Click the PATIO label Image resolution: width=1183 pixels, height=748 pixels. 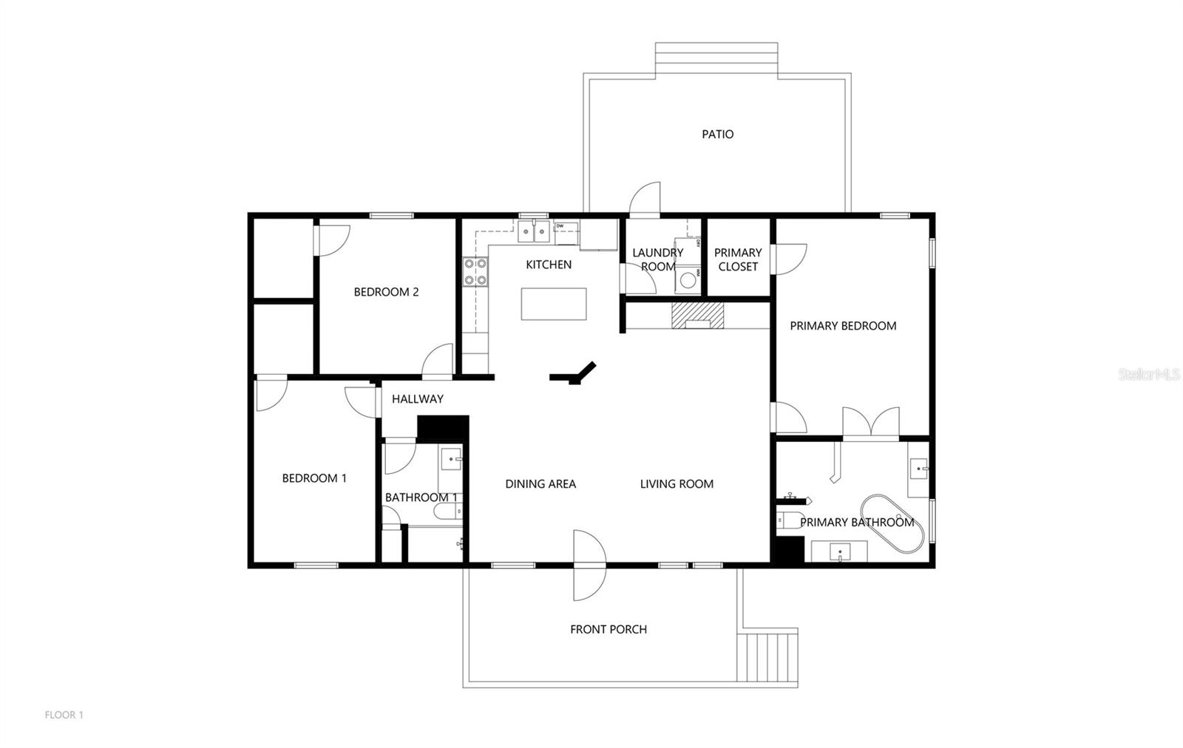click(x=717, y=135)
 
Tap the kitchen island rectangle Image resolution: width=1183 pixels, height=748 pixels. click(x=554, y=304)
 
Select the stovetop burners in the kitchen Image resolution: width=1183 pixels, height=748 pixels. click(x=475, y=271)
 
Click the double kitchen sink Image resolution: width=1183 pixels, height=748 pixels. click(x=533, y=232)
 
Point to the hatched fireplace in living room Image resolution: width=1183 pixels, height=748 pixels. click(x=697, y=316)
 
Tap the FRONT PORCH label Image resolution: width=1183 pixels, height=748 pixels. click(x=608, y=630)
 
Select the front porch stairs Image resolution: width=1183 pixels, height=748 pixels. click(x=770, y=656)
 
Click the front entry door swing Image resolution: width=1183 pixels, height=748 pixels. click(x=589, y=565)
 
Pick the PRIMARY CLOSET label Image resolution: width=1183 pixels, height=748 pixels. click(x=737, y=259)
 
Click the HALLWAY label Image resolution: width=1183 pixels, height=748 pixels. click(x=417, y=399)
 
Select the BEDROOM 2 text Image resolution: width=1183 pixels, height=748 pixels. click(x=386, y=292)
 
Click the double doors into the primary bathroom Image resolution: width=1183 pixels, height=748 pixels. click(x=871, y=424)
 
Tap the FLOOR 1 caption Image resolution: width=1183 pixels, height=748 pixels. click(x=64, y=715)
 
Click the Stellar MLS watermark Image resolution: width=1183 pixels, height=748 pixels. click(x=1148, y=375)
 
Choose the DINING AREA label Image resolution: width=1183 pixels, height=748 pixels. click(x=540, y=484)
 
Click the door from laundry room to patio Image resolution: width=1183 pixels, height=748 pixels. click(x=645, y=200)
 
